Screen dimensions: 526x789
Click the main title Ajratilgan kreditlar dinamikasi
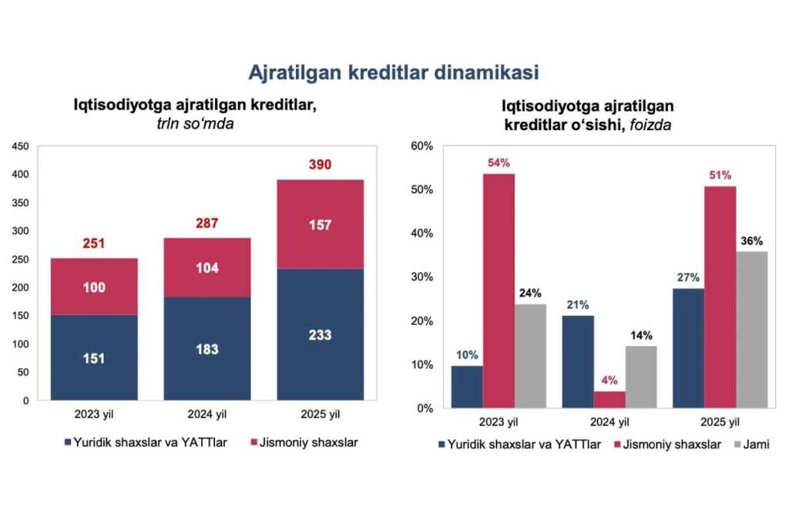point(393,72)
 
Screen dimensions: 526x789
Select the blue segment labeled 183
point(207,348)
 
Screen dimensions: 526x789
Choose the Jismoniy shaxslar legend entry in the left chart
point(303,443)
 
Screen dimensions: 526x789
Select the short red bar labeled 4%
point(609,399)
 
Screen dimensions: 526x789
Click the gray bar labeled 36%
point(751,329)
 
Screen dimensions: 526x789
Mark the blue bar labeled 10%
point(467,387)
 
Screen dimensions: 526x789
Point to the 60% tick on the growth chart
point(424,146)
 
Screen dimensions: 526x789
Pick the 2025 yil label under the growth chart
point(720,422)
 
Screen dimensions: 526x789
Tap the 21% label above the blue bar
point(577,305)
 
